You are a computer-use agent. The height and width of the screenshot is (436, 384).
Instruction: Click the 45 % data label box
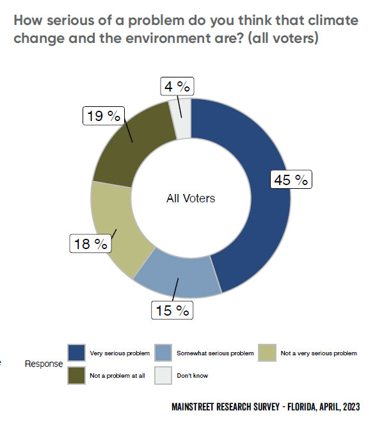coord(291,180)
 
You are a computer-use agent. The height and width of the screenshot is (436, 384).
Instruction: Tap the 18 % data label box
coord(90,243)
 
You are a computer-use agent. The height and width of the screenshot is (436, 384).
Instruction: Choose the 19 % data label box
coord(102,116)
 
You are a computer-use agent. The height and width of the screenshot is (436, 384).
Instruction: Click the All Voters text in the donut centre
coord(191,198)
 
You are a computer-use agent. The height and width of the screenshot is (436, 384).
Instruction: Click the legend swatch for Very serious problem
coord(77,353)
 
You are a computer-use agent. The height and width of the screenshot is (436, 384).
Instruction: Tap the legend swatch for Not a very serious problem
coord(268,353)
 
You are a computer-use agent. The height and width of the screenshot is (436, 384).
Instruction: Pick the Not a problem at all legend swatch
coord(77,375)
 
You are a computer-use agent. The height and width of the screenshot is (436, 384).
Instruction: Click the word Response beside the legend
coord(44,364)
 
